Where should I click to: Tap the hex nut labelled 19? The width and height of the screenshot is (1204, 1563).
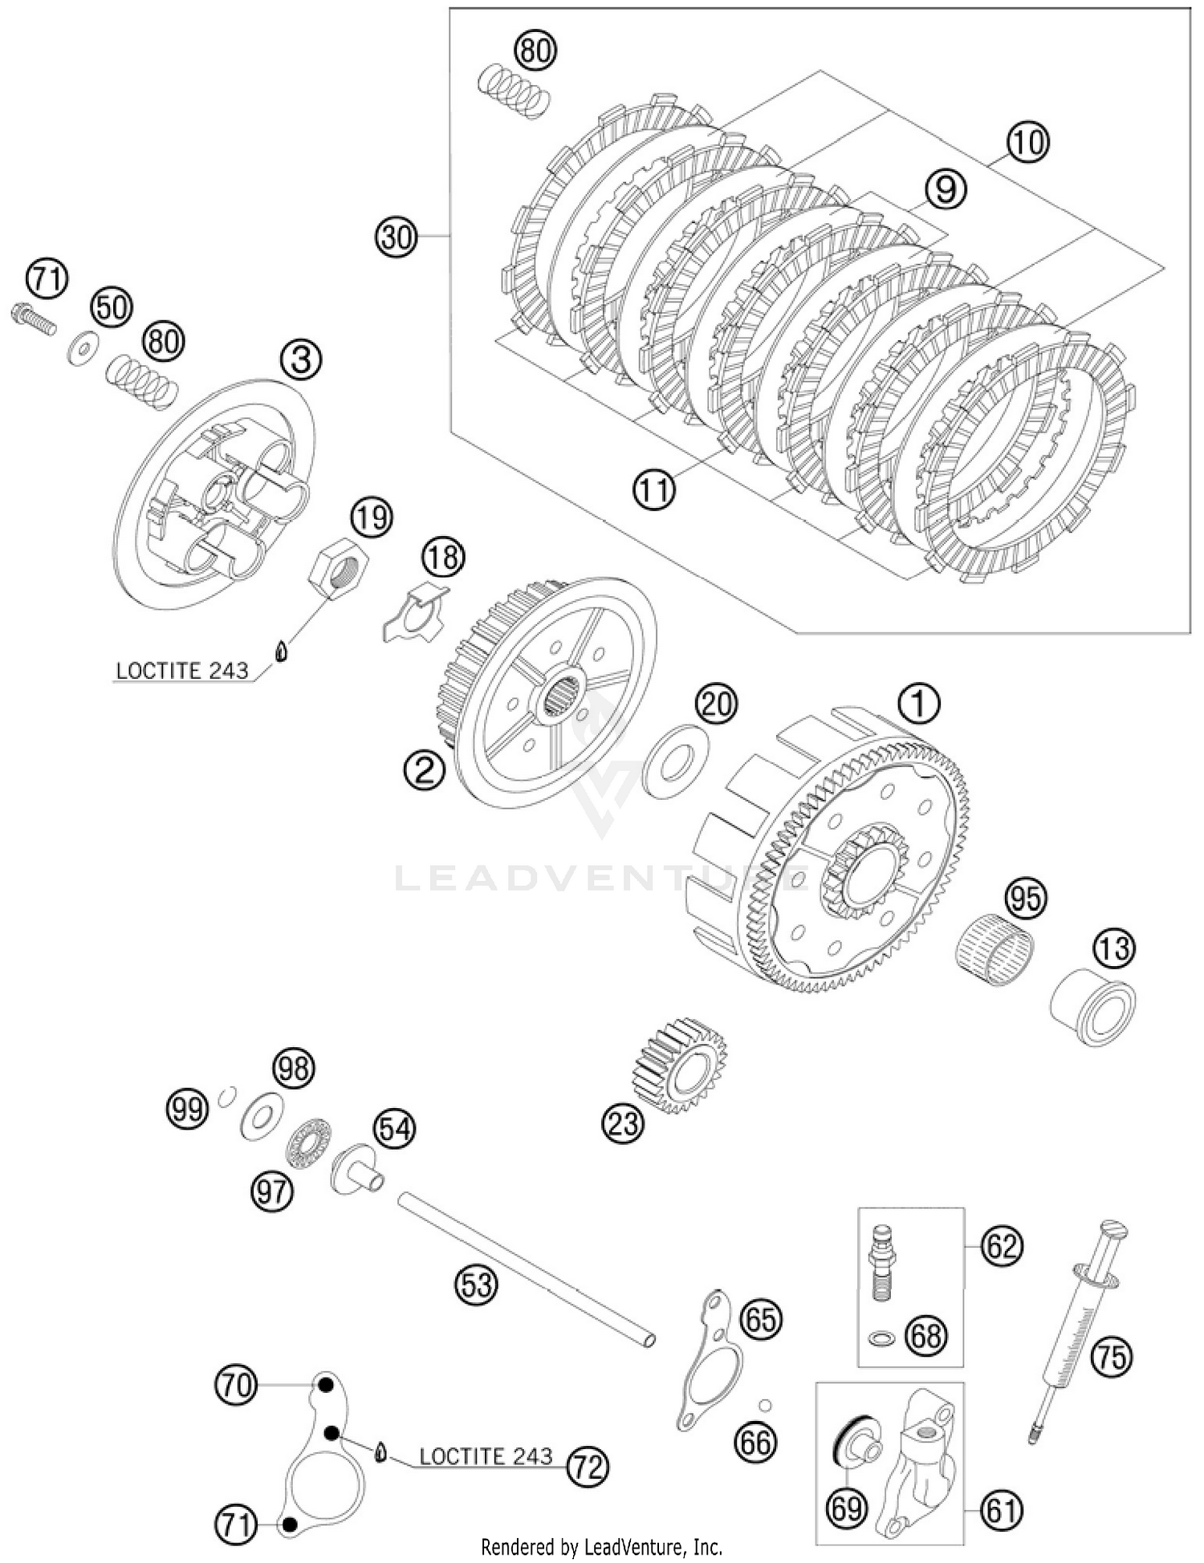coord(338,570)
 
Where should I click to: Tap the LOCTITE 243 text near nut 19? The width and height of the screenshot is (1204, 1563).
coord(182,670)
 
